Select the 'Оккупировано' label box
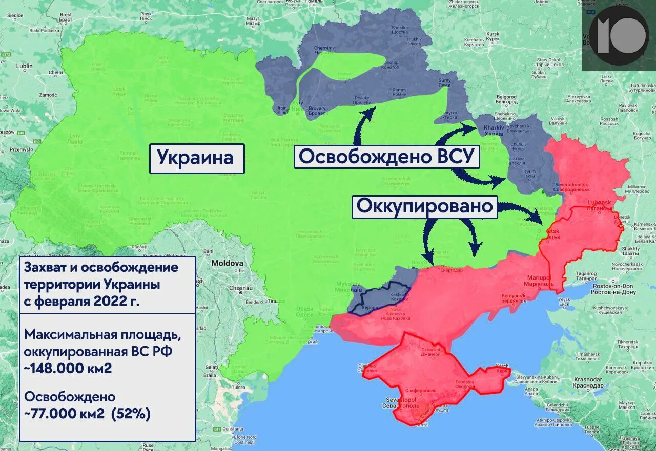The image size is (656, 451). point(425,206)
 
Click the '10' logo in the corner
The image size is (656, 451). point(618,35)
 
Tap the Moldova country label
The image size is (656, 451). point(228,263)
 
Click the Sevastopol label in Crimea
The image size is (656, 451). point(401,402)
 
